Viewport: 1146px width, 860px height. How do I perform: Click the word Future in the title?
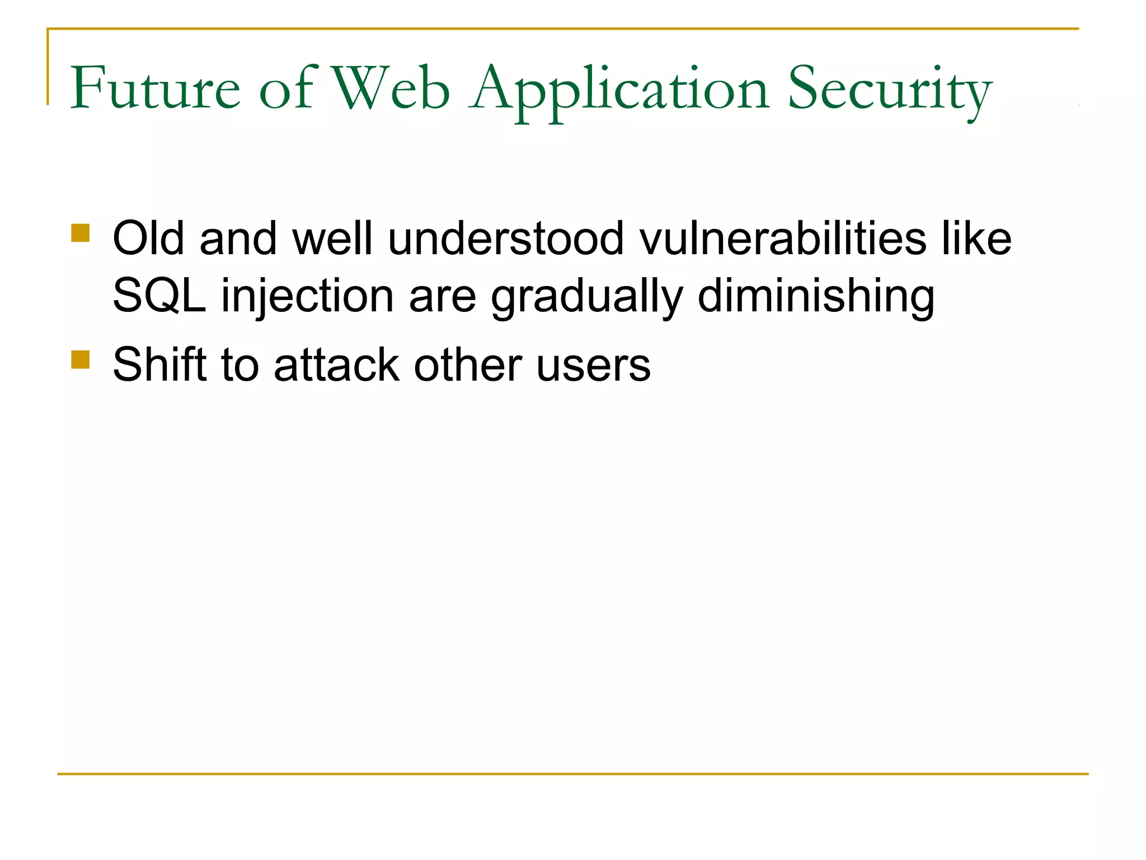pos(155,88)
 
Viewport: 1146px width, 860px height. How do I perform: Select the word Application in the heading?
pos(619,90)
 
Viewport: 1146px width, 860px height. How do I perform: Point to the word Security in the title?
pos(890,90)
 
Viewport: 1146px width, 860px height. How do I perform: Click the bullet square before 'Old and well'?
pos(81,233)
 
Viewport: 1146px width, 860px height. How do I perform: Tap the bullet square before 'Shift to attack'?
pos(81,359)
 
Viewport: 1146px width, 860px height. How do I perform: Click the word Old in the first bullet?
pos(148,239)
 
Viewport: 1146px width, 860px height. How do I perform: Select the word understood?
pos(505,239)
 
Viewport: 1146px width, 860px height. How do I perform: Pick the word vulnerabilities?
pos(783,239)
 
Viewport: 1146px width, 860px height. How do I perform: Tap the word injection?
pos(307,297)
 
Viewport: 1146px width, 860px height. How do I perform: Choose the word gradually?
pos(587,297)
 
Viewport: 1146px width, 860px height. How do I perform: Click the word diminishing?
pos(816,297)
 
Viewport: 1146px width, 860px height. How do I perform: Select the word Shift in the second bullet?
pos(159,365)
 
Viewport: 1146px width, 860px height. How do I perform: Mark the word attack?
pos(336,365)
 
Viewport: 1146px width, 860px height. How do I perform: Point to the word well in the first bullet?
pos(332,239)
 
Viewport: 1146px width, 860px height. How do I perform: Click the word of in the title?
pos(287,88)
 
